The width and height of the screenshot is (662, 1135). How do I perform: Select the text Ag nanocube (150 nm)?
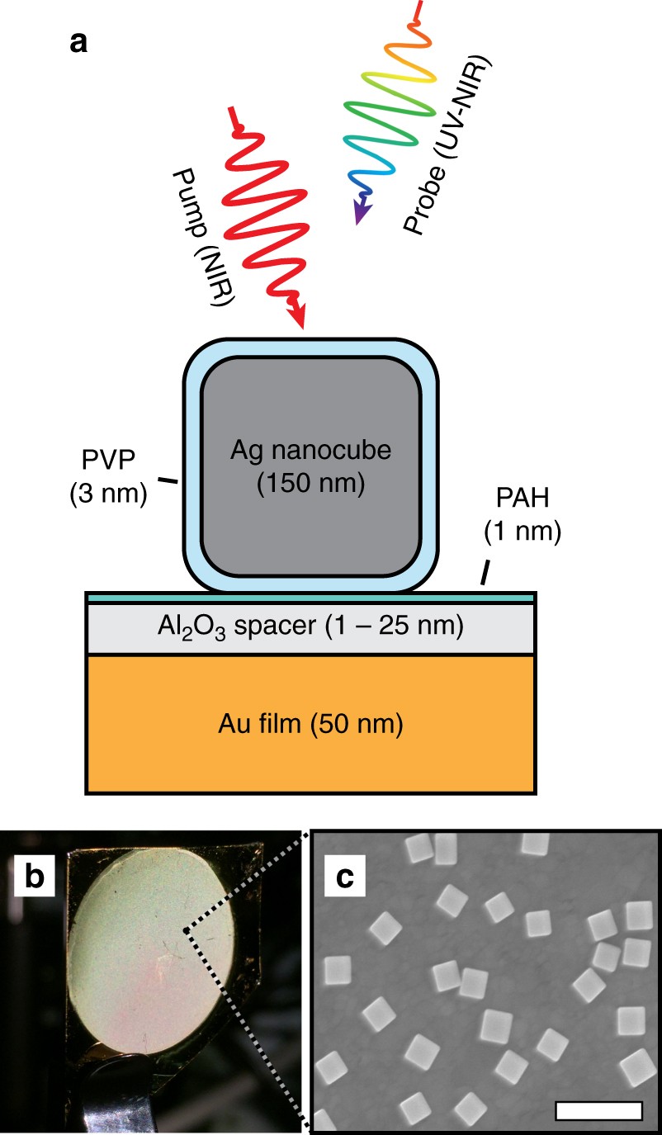(310, 466)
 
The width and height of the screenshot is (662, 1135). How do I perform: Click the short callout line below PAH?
(485, 572)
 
